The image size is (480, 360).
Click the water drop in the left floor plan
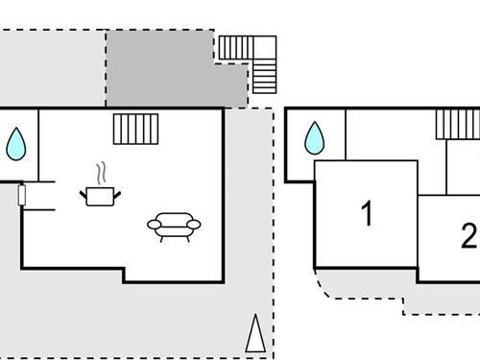16,144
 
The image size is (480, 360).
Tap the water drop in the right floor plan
315,140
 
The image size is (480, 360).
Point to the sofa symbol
174,225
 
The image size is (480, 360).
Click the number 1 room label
366,213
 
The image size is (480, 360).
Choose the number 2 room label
468,235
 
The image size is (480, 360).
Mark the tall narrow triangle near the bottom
255,333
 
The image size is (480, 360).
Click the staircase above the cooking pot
134,129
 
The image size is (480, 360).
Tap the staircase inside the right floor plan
458,124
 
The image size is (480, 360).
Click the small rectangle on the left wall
21,196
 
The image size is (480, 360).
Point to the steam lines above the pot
100,174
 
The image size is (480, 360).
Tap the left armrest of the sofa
154,226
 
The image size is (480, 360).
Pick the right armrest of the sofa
195,226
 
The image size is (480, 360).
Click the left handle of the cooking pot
84,194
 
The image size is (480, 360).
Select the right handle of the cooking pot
117,194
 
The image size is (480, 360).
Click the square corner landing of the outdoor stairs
264,46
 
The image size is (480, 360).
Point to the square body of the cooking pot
100,197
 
